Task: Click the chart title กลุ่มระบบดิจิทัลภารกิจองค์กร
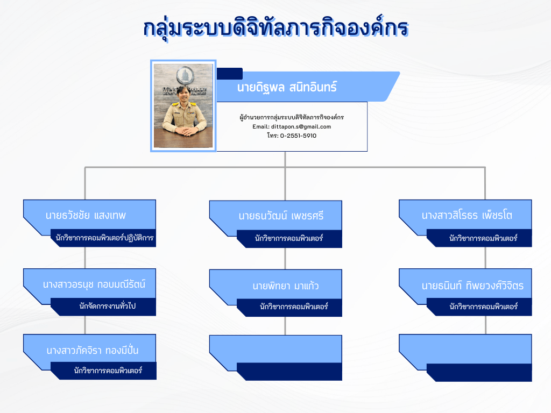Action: pos(276,28)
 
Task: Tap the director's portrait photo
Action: pos(183,106)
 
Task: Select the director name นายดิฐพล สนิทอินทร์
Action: pos(287,87)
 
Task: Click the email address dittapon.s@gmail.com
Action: pos(301,126)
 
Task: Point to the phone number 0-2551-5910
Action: pos(298,136)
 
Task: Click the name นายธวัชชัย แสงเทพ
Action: pos(86,215)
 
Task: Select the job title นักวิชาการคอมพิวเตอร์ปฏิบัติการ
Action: pos(105,238)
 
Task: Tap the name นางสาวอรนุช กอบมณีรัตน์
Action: pos(94,284)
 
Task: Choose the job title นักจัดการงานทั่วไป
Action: pos(108,306)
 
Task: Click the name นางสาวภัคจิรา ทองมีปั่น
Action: pos(93,350)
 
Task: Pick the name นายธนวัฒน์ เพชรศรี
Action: pos(281,216)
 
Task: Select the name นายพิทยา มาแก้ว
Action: pos(285,286)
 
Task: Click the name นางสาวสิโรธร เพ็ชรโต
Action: pos(467,215)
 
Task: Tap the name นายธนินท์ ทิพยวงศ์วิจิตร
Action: pos(472,286)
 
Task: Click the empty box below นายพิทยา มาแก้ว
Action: pos(276,358)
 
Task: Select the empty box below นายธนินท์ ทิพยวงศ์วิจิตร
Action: pos(465,358)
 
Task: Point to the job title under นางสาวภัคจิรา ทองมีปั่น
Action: pos(108,371)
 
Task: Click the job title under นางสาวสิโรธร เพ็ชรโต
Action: pos(483,238)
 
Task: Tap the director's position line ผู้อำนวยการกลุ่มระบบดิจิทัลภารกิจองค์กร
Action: pos(292,117)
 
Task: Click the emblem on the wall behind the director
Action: pos(185,75)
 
